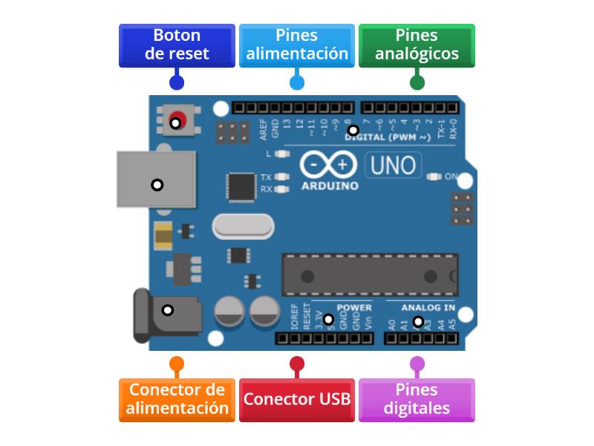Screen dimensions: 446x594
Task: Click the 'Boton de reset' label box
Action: click(177, 45)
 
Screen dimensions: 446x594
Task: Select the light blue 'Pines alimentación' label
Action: click(297, 45)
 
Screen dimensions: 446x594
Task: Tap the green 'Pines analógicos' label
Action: click(417, 45)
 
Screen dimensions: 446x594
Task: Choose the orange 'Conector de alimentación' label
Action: click(177, 399)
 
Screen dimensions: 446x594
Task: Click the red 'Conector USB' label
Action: click(297, 399)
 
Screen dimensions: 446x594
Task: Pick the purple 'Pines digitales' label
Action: click(417, 399)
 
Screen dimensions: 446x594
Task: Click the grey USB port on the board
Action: click(157, 180)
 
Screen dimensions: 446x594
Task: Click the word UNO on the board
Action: click(394, 165)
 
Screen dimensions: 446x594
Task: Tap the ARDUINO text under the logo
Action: click(330, 186)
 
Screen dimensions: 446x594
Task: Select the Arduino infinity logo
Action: click(328, 164)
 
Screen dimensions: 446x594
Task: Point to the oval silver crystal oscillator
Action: click(243, 226)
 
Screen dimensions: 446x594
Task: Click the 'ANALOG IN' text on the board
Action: click(428, 308)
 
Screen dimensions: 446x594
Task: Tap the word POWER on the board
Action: click(354, 308)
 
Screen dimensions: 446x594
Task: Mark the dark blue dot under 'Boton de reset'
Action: click(177, 83)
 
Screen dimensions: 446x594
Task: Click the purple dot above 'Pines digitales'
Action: click(417, 363)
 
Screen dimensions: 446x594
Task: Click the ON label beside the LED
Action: click(451, 176)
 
